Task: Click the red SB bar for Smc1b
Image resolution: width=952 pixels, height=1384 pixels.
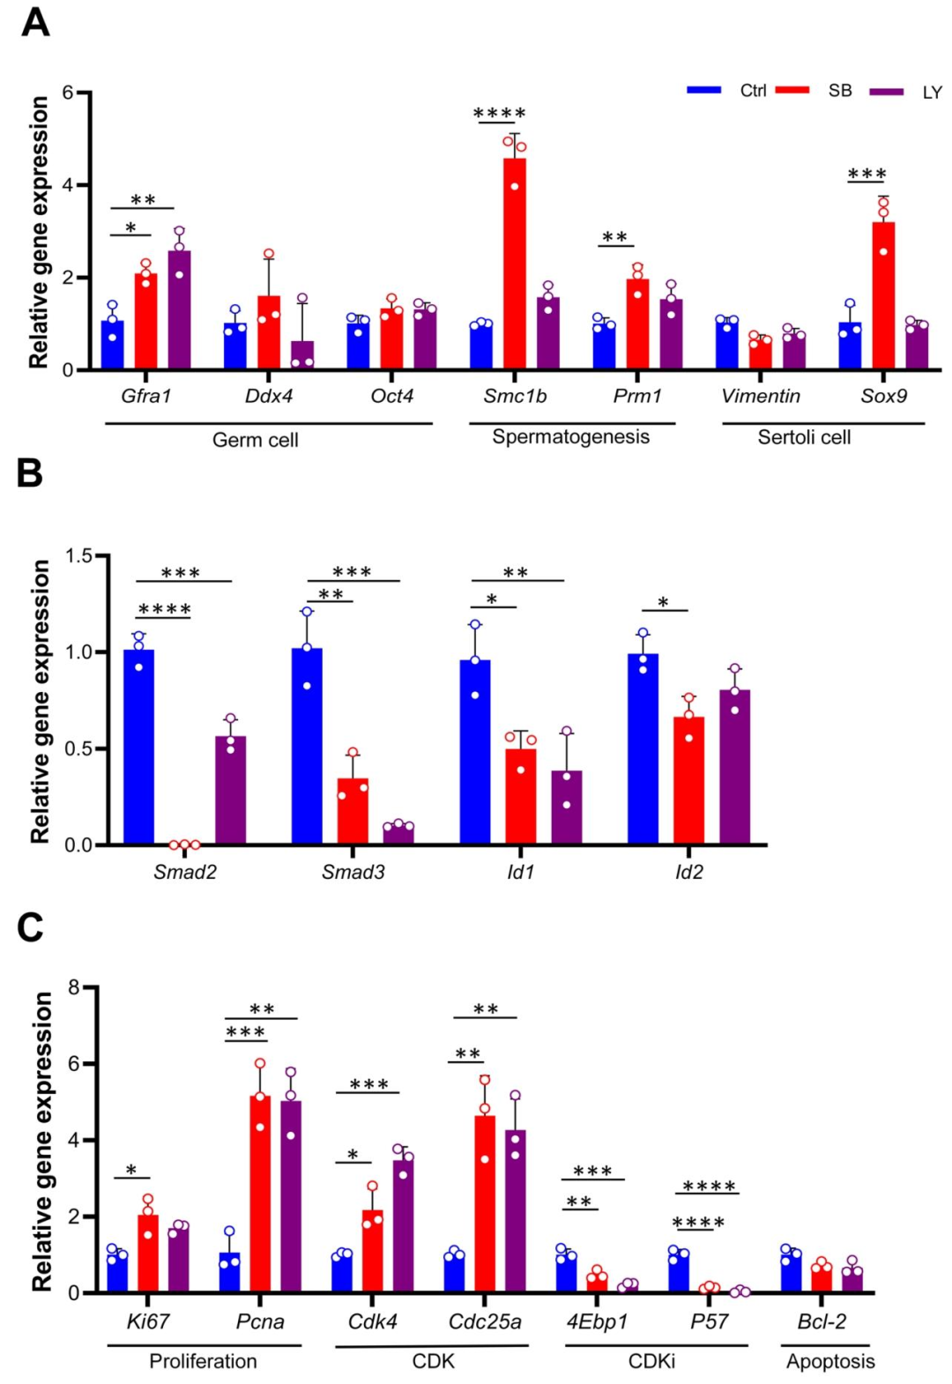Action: (x=515, y=264)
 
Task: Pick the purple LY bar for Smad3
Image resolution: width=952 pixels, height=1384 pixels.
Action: (x=398, y=833)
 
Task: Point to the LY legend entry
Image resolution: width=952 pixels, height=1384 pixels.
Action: (x=908, y=92)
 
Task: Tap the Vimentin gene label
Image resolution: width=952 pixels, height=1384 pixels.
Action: (x=761, y=397)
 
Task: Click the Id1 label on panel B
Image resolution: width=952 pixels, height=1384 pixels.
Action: (x=520, y=873)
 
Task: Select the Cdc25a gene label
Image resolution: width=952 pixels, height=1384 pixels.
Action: (x=485, y=1321)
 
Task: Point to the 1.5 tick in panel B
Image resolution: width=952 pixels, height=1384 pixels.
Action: (x=79, y=556)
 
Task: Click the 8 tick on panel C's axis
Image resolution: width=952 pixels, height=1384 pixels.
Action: (x=74, y=987)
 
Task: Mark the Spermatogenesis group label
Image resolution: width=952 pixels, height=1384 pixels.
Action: (x=570, y=437)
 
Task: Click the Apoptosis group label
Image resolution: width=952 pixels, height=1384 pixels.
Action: (x=830, y=1361)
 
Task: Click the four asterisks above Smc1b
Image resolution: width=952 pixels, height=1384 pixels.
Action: (x=499, y=114)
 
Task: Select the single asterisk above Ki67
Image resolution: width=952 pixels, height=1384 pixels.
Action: (x=131, y=1171)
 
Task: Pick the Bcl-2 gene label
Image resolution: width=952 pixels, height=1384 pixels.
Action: (x=822, y=1321)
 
